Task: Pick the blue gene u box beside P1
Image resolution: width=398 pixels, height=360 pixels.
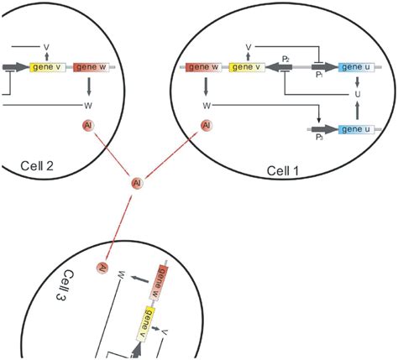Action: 357,66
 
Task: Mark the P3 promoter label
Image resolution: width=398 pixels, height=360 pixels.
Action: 319,138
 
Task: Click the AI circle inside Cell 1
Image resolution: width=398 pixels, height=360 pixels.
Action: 206,126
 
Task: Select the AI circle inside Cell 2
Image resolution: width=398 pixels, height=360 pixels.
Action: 88,126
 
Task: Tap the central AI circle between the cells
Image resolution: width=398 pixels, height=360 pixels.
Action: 137,182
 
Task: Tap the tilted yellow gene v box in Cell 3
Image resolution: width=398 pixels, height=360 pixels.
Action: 148,321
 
